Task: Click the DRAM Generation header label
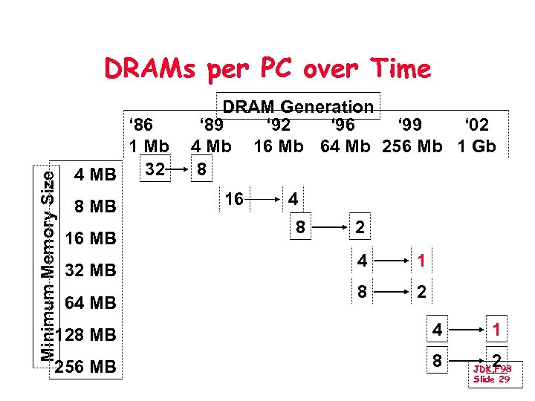[x=298, y=107]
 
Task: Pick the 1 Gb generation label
[x=476, y=146]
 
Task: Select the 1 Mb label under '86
[x=149, y=146]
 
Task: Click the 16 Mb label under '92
[x=279, y=146]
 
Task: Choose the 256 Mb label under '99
[x=412, y=146]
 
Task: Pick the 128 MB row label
[x=85, y=336]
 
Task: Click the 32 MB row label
[x=91, y=271]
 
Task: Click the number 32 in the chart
[x=155, y=169]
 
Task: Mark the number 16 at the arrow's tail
[x=234, y=199]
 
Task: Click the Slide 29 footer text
[x=491, y=379]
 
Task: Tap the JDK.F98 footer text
[x=491, y=368]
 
